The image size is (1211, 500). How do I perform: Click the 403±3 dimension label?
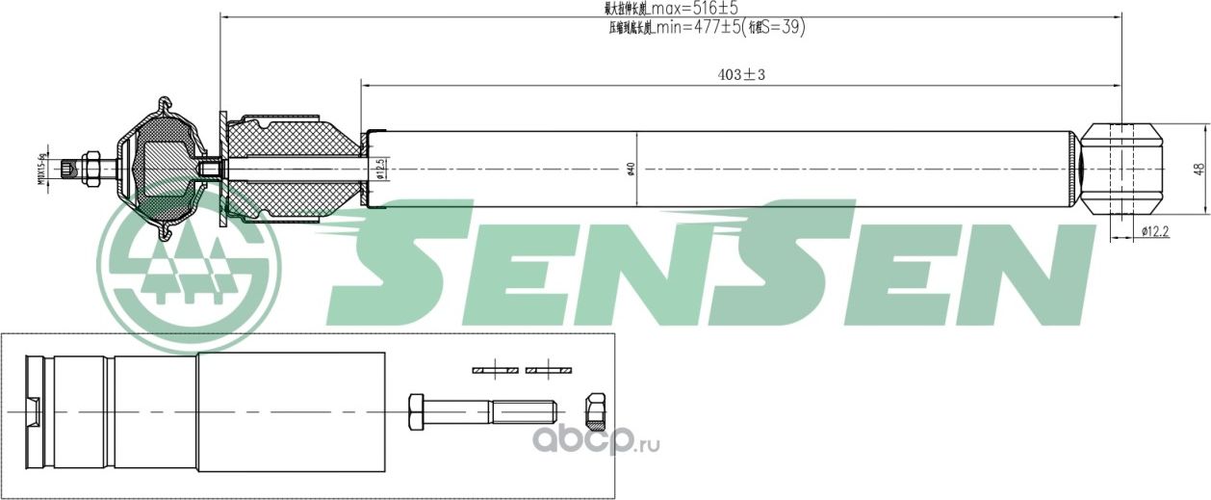741,74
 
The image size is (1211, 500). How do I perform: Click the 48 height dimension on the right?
1198,168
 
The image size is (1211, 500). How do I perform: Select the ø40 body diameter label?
631,169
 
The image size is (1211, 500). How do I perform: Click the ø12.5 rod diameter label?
381,169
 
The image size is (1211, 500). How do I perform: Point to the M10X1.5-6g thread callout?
42,170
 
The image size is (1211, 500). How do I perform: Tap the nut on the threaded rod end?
92,170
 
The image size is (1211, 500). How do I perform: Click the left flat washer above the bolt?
495,369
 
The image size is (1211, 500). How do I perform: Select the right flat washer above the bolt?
549,369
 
